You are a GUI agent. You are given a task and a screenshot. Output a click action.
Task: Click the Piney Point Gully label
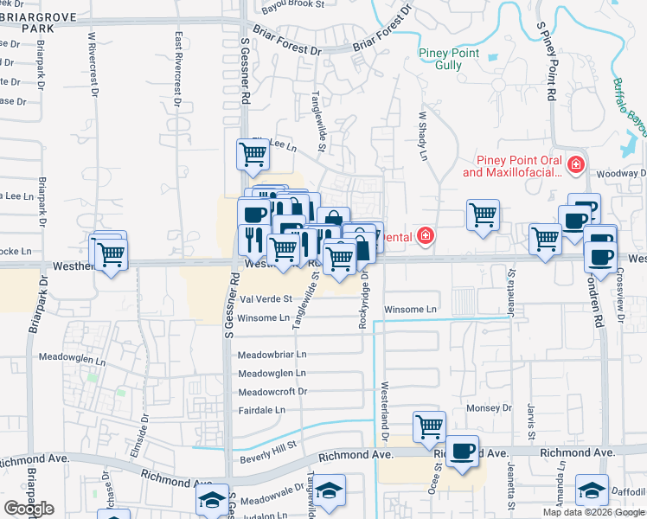(449, 59)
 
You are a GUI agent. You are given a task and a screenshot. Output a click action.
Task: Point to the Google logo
(29, 509)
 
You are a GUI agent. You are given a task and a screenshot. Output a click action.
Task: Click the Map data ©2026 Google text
(593, 512)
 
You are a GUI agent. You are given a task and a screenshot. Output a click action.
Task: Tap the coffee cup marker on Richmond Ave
(463, 450)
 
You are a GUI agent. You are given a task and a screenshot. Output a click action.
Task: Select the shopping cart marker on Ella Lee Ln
(253, 154)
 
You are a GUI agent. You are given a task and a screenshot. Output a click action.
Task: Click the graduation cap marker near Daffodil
(592, 490)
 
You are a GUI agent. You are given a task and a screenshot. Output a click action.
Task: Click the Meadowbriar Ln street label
(272, 355)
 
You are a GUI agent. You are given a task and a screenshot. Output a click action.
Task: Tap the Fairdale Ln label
(263, 410)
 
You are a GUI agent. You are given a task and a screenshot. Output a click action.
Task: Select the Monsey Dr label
(489, 407)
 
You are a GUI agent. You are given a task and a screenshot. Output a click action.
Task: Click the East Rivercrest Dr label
(178, 69)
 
